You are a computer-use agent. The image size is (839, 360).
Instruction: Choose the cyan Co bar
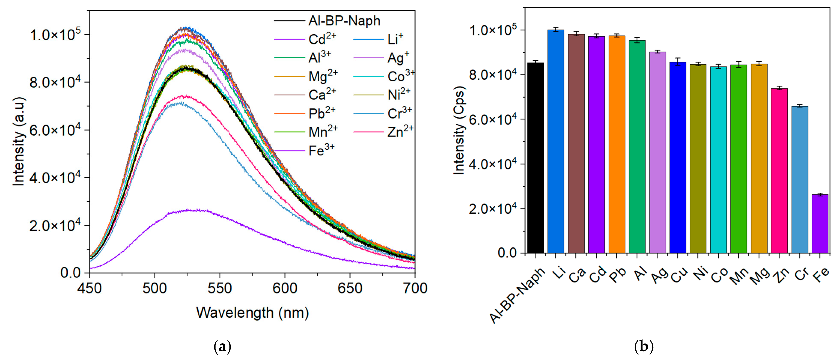718,160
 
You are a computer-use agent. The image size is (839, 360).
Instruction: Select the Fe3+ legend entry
321,150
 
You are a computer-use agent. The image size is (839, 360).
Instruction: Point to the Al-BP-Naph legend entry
344,21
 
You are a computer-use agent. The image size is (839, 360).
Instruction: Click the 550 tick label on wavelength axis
220,288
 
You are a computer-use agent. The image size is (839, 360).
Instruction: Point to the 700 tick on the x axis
415,288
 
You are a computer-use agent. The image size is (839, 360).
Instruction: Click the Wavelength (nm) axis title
252,313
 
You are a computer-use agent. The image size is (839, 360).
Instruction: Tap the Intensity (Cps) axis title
459,130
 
